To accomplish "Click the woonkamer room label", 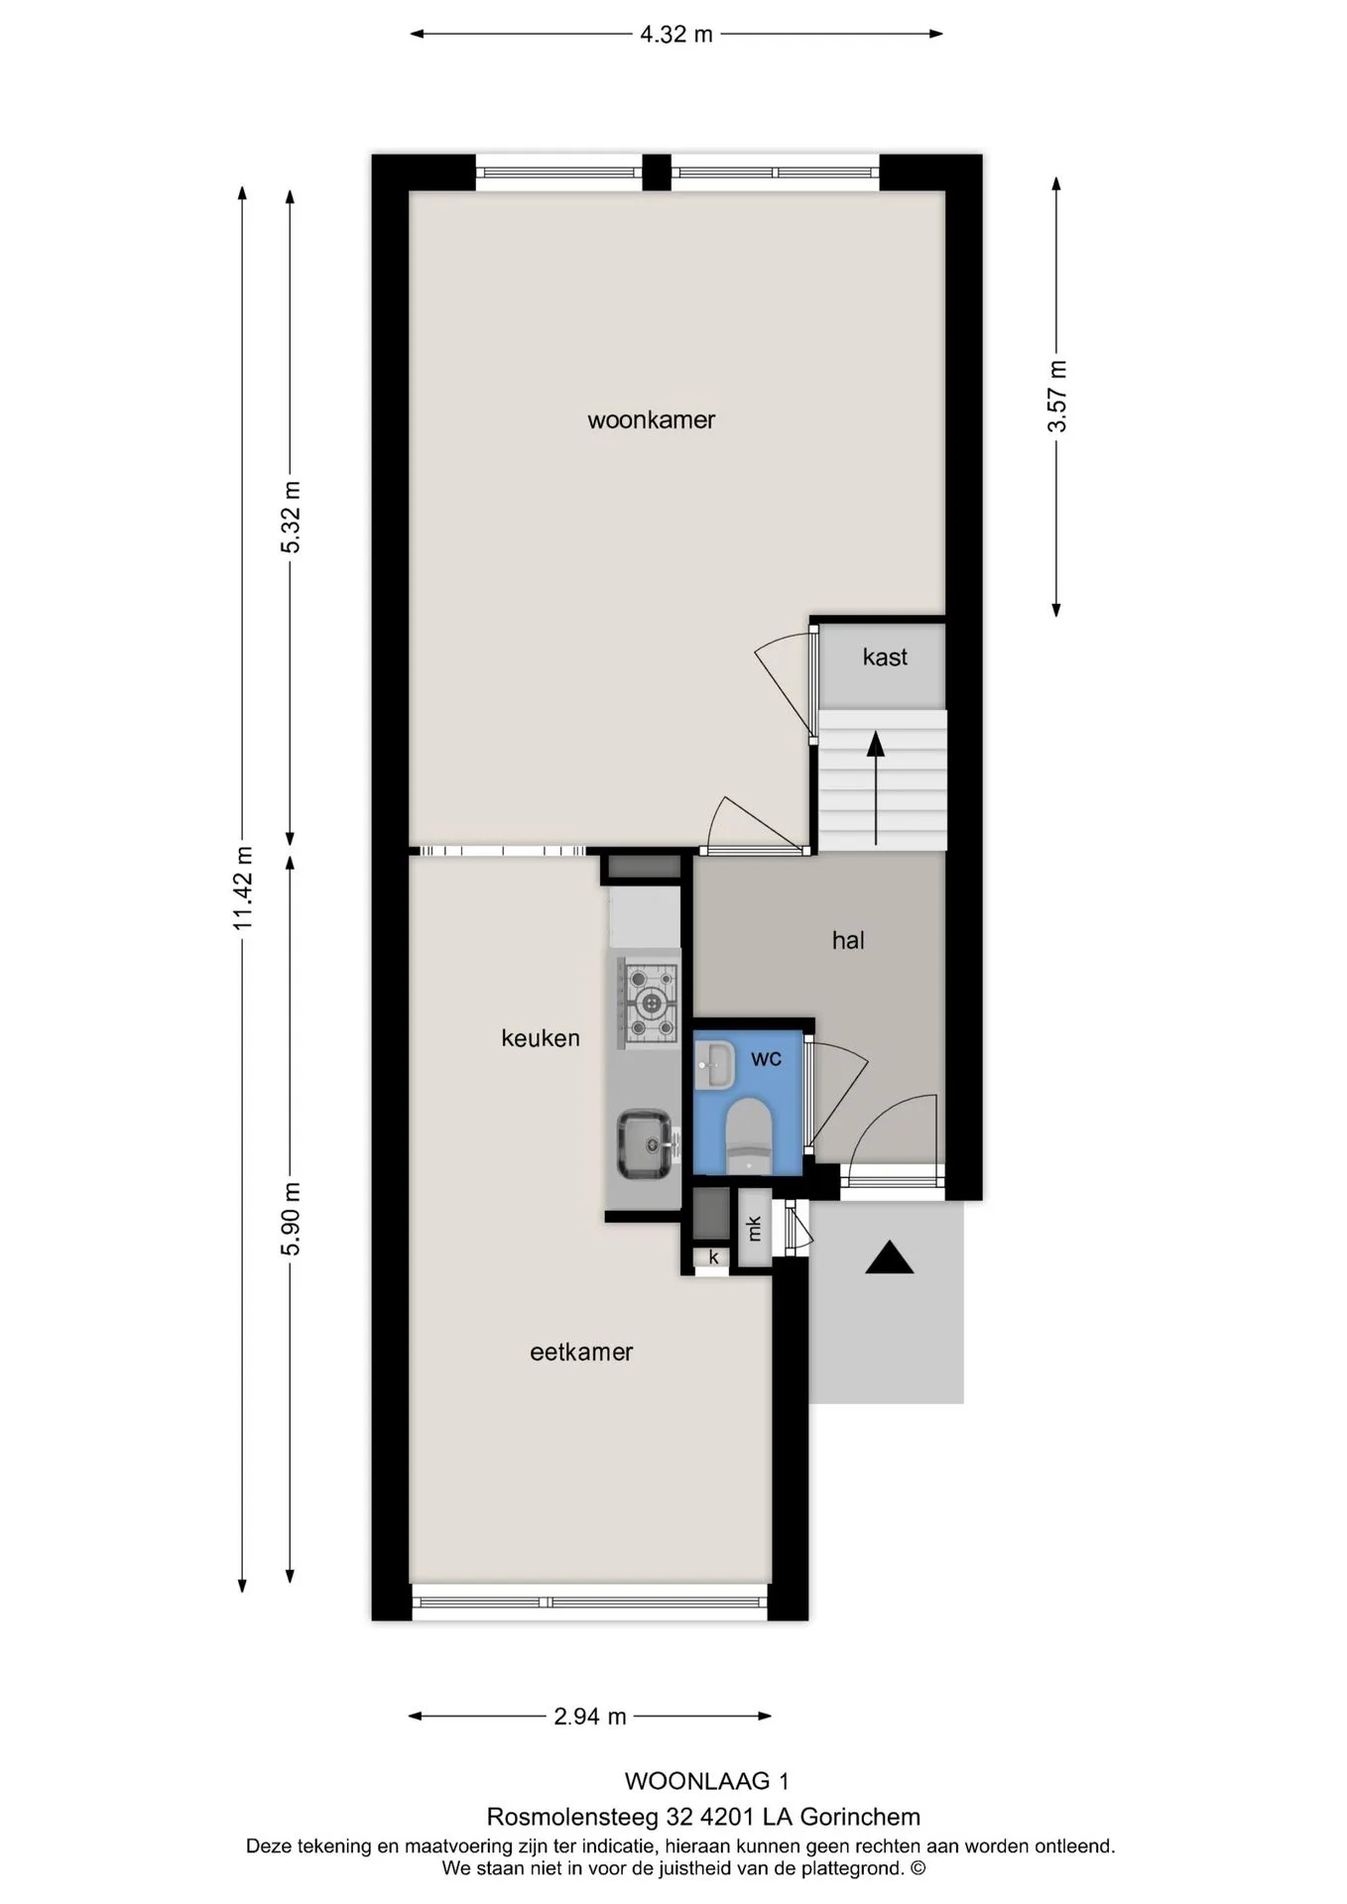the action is click(x=651, y=420).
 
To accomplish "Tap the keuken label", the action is click(x=541, y=1038).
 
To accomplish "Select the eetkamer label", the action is click(x=581, y=1352).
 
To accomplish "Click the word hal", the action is click(x=848, y=940).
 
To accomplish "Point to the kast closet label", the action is click(x=885, y=656).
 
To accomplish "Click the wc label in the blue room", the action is click(x=766, y=1058).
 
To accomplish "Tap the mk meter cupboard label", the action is click(x=754, y=1228).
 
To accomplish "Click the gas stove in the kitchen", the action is click(x=650, y=1002).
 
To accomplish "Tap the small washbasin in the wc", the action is click(x=713, y=1064).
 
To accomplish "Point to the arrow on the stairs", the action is click(x=876, y=788).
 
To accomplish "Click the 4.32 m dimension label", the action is click(x=676, y=35).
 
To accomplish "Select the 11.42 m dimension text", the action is click(x=243, y=889).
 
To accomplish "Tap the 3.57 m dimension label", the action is click(x=1057, y=396).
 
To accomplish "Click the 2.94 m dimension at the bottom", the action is click(x=590, y=1717).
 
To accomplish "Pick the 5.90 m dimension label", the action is click(x=290, y=1219).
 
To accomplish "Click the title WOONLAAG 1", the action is click(x=707, y=1781).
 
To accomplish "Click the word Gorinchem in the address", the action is click(x=860, y=1817).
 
